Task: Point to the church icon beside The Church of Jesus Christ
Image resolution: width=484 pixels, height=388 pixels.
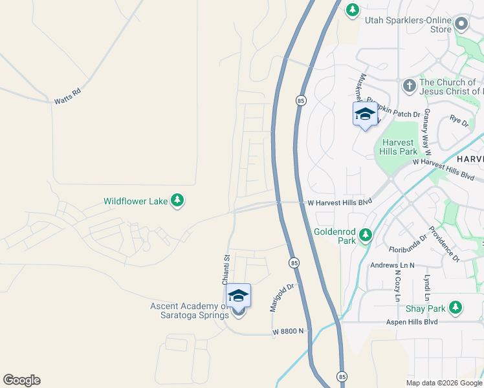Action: (409, 86)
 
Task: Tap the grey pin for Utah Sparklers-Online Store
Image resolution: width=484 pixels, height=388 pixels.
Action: (461, 25)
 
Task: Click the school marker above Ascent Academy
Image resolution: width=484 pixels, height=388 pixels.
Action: (238, 295)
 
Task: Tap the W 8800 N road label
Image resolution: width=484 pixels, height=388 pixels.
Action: (288, 331)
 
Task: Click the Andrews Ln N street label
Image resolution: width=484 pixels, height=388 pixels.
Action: (392, 265)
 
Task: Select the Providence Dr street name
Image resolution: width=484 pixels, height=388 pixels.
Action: (443, 244)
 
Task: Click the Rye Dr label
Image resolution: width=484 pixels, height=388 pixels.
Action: (459, 120)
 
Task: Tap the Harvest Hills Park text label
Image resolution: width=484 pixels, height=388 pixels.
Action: (400, 147)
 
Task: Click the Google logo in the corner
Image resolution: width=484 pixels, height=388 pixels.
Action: (21, 380)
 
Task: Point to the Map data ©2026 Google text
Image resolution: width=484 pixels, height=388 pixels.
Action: (444, 383)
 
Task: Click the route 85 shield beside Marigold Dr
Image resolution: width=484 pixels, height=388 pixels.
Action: (294, 263)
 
